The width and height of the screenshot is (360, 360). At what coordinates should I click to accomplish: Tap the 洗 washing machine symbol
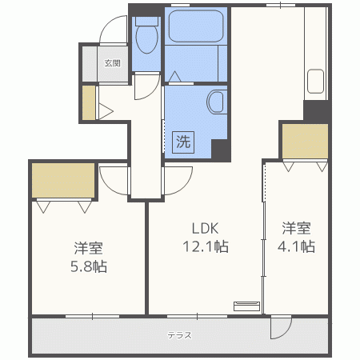(x=183, y=143)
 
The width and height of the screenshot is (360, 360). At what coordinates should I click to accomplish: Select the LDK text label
(x=204, y=226)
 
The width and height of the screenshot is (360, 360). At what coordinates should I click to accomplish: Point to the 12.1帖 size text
(x=203, y=246)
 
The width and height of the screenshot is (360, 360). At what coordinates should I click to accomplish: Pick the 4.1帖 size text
(x=296, y=246)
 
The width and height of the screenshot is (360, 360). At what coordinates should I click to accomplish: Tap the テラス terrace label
(x=179, y=335)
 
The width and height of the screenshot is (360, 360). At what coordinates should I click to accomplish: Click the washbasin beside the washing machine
(x=216, y=102)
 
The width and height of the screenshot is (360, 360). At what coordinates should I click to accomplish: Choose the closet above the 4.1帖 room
(x=305, y=142)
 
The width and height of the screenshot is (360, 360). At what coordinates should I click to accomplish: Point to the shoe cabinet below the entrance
(x=87, y=102)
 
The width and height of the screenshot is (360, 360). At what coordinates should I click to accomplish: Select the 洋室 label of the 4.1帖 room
(x=296, y=226)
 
